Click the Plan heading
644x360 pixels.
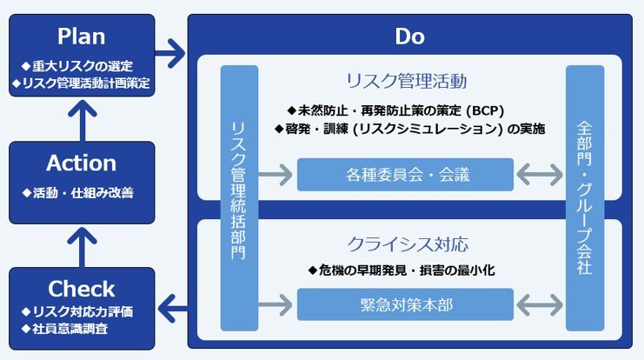pos(81,37)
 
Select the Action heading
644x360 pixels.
pos(81,163)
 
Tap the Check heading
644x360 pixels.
pos(81,289)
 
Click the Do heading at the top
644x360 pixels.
pos(409,37)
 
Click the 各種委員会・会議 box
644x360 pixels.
pos(404,175)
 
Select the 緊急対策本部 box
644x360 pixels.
pos(404,304)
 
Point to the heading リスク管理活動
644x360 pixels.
pos(406,82)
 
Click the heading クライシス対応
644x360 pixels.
pos(406,243)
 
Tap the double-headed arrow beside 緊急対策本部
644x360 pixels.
pos(539,304)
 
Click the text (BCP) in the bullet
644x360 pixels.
pos(485,110)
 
